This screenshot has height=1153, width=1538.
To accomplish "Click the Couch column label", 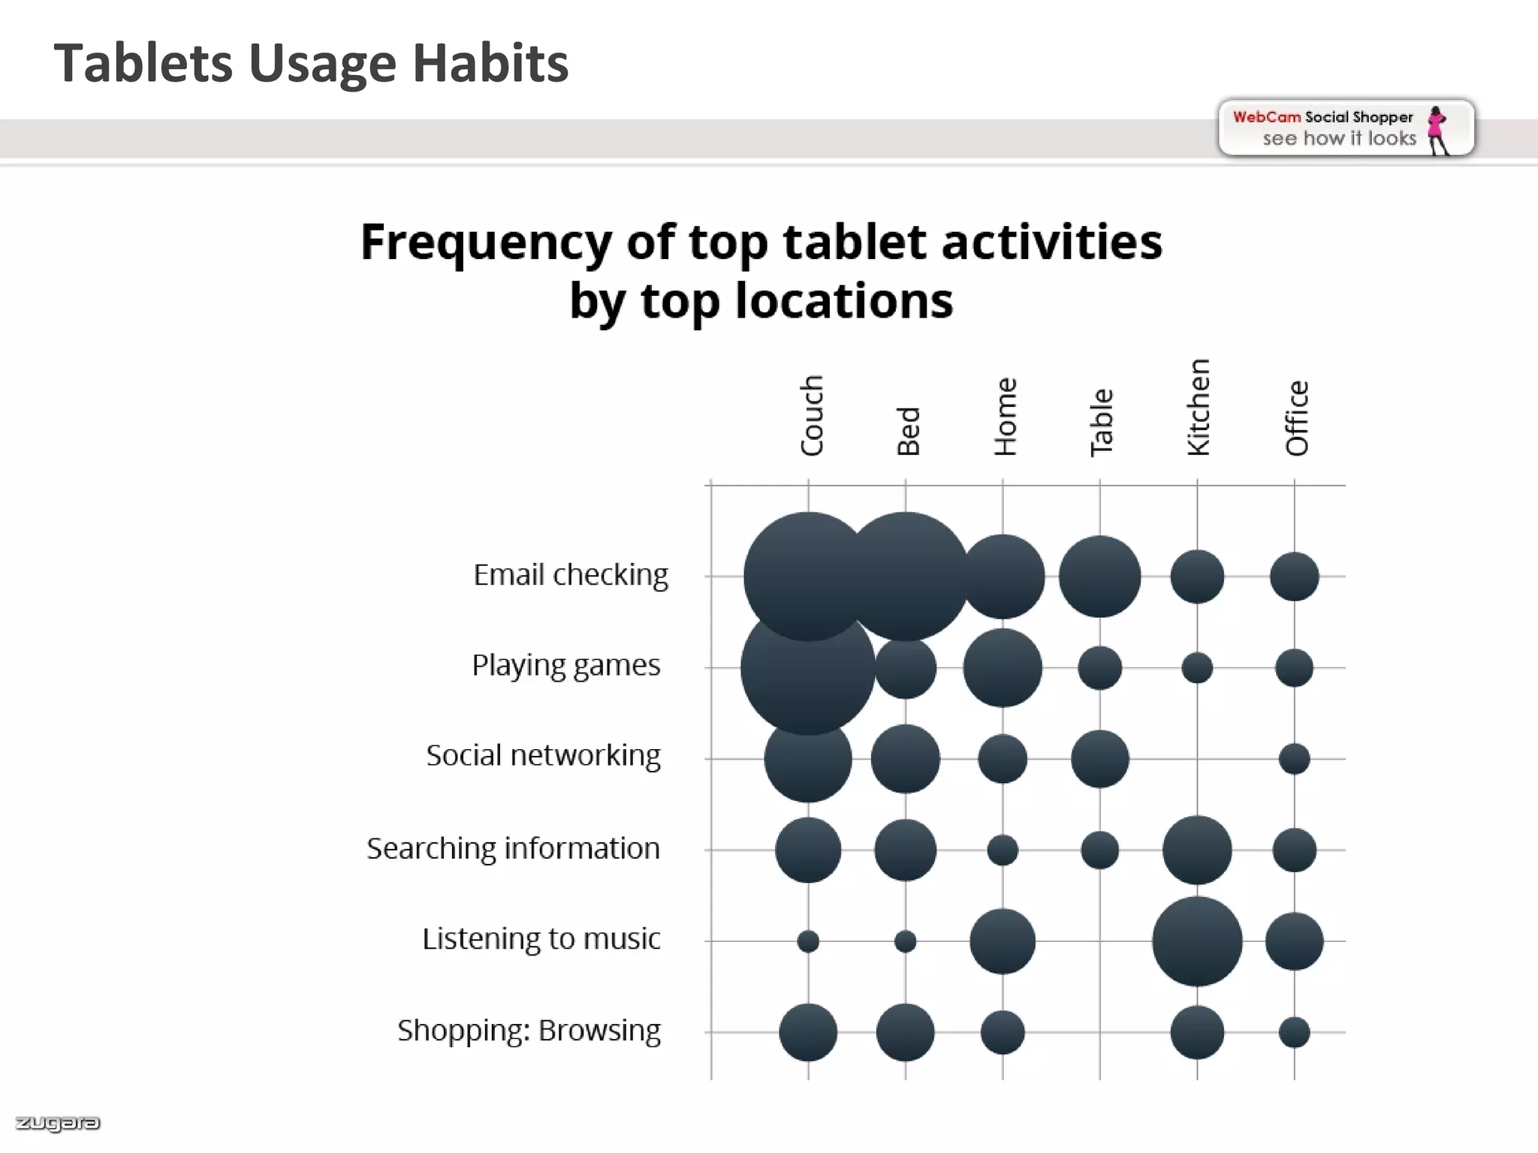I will pyautogui.click(x=812, y=415).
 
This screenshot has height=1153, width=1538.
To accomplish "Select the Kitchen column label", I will pyautogui.click(x=1199, y=408).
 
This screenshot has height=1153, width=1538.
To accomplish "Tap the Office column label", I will pyautogui.click(x=1297, y=418).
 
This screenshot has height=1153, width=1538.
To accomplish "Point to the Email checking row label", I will pyautogui.click(x=570, y=575).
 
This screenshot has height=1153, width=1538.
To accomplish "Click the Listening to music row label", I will pyautogui.click(x=541, y=938).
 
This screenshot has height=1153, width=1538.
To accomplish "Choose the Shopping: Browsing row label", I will pyautogui.click(x=529, y=1030).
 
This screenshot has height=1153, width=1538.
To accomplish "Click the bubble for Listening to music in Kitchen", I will pyautogui.click(x=1197, y=941).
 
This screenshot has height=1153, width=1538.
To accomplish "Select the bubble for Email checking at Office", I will pyautogui.click(x=1294, y=576).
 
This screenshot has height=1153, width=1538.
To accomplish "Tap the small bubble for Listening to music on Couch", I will pyautogui.click(x=808, y=941).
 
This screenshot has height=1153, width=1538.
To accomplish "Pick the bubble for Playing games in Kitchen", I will pyautogui.click(x=1197, y=667).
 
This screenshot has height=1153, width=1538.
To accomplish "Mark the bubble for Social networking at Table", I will pyautogui.click(x=1099, y=759).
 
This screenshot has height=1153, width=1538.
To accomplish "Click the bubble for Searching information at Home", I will pyautogui.click(x=1003, y=850).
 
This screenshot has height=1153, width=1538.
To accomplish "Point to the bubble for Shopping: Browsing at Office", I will pyautogui.click(x=1294, y=1032).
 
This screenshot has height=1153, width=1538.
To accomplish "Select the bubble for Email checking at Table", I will pyautogui.click(x=1099, y=576).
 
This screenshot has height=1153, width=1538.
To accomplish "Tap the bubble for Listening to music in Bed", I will pyautogui.click(x=906, y=941).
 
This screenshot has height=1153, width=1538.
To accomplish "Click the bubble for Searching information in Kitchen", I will pyautogui.click(x=1197, y=850).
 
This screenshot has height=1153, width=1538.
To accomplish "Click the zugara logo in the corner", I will pyautogui.click(x=58, y=1123).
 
